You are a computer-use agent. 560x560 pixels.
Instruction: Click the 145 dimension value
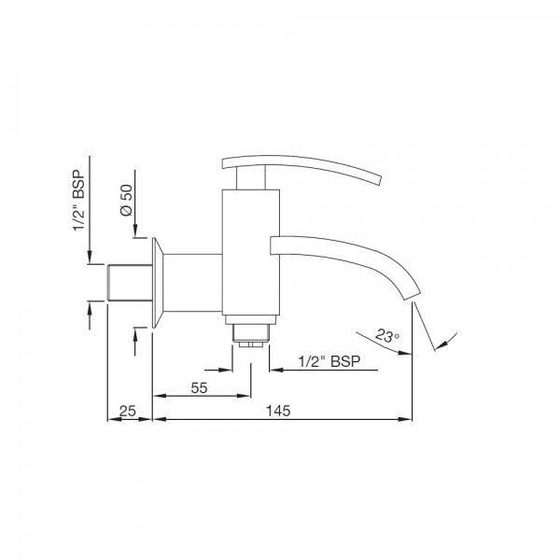pos(278,411)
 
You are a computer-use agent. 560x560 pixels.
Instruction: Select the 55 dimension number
pos(199,388)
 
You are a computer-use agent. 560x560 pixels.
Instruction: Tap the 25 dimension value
pos(128,411)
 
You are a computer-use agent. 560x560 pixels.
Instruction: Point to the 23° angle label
pos(387,336)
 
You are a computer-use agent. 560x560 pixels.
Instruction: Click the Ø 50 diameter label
pos(126,201)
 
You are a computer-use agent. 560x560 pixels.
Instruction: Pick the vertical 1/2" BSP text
pos(79,201)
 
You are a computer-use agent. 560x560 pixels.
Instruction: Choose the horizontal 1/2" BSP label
pos(329,361)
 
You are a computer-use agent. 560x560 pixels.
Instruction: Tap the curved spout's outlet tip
pos(412,296)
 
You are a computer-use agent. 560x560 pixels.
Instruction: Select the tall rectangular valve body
pos(251,252)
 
